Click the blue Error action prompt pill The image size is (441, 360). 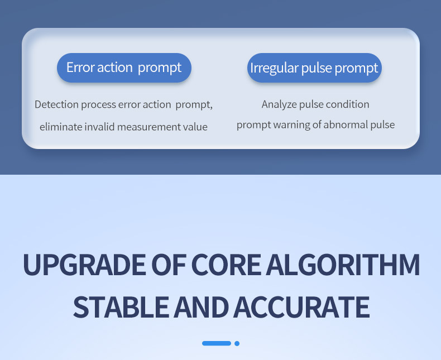click(124, 68)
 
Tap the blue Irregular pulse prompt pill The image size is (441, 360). click(314, 68)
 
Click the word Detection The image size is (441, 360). click(56, 104)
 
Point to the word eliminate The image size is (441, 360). click(61, 127)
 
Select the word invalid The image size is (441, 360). click(99, 127)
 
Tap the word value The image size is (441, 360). click(195, 127)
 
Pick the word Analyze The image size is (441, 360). click(279, 104)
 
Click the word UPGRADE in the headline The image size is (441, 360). click(84, 265)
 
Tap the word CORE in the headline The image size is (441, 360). click(226, 265)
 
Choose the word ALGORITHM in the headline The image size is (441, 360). click(343, 265)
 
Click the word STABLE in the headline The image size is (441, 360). click(121, 307)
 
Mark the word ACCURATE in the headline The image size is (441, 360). click(301, 307)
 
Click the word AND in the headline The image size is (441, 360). click(201, 307)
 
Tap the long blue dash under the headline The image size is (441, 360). click(217, 343)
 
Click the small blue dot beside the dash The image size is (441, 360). click(237, 343)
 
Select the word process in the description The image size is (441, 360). click(98, 105)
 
